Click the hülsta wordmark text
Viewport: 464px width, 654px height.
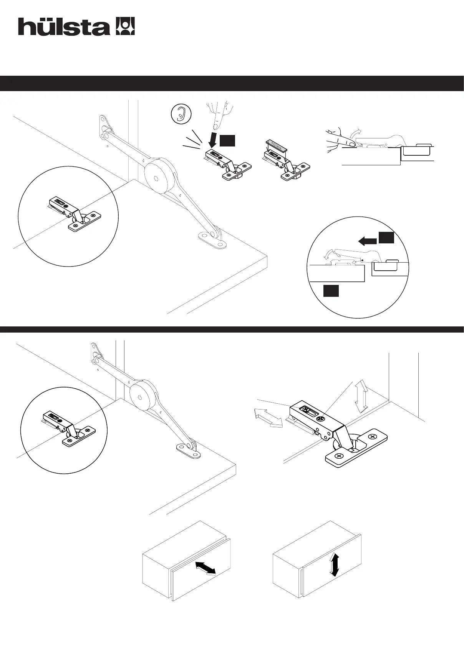pos(64,27)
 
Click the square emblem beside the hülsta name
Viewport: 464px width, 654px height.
pos(125,26)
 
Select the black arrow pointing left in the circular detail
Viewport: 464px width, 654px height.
pos(367,241)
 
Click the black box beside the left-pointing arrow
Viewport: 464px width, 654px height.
pos(386,238)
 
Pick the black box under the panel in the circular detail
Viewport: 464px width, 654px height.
pos(331,291)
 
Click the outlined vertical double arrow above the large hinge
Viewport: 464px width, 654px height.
pos(361,396)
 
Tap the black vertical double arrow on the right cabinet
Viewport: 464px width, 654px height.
pos(335,564)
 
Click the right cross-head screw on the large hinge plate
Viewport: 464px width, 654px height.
pos(372,437)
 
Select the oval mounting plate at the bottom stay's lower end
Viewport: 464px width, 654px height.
pos(189,451)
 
